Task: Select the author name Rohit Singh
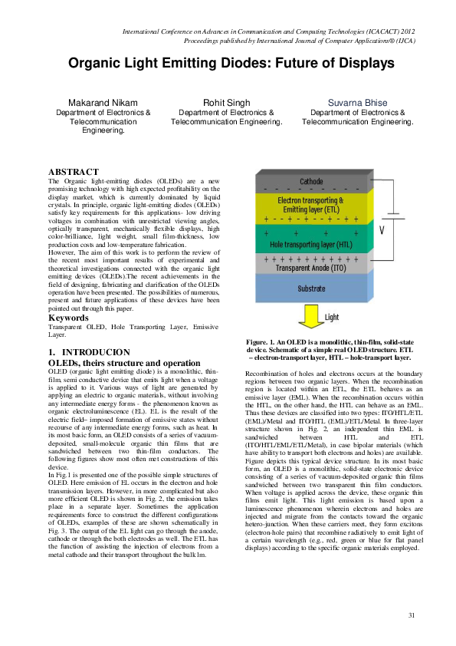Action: point(227,102)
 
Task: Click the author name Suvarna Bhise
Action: point(357,102)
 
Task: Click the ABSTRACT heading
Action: point(73,171)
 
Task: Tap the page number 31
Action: point(412,616)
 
